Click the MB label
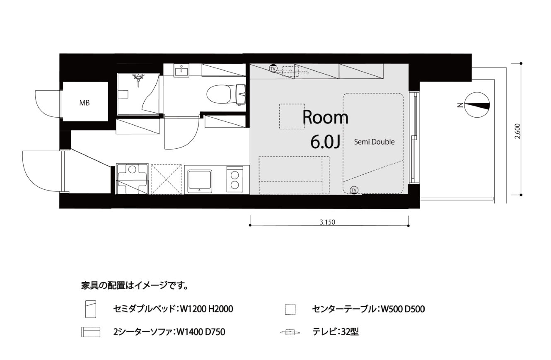(x=85, y=103)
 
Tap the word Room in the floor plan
(x=325, y=118)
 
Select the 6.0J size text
(x=325, y=142)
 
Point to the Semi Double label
(x=374, y=142)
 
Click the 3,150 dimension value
(x=327, y=222)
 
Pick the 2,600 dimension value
(x=517, y=131)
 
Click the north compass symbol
(x=477, y=105)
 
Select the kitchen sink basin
(x=200, y=181)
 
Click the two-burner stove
(x=234, y=179)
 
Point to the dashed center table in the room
(x=292, y=116)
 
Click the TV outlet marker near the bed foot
(x=354, y=190)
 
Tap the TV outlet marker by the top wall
(x=273, y=68)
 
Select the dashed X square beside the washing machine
(x=166, y=179)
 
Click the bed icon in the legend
(x=90, y=309)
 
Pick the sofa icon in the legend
(x=91, y=332)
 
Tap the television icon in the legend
(x=290, y=332)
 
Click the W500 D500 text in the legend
(x=403, y=309)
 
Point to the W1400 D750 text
(x=201, y=332)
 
